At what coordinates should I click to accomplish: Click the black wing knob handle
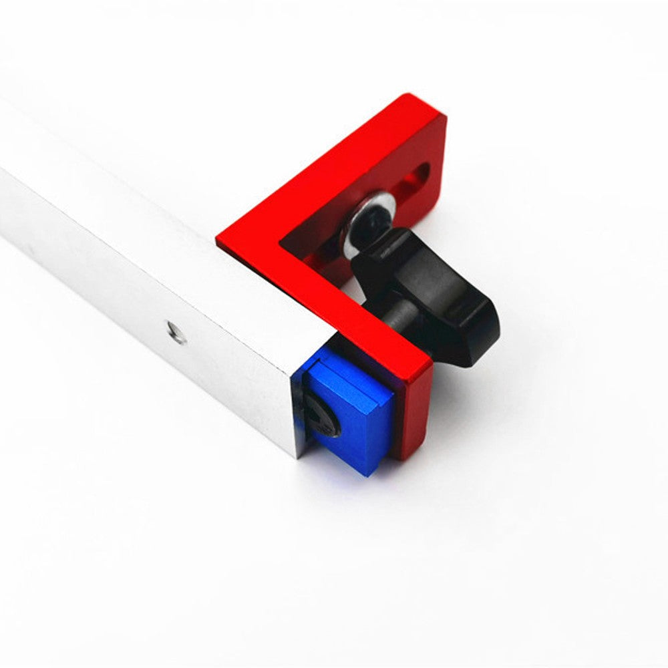[x=434, y=294]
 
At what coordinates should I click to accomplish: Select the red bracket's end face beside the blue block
[x=414, y=414]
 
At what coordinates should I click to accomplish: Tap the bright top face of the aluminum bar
[x=134, y=200]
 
